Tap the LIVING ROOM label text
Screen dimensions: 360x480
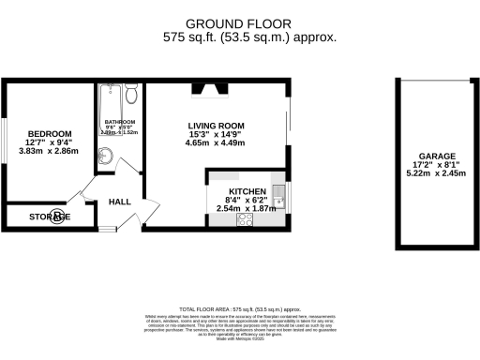tap(216, 125)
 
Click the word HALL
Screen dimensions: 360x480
tap(120, 202)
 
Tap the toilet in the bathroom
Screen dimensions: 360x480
tap(131, 95)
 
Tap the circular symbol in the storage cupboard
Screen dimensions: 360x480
tap(58, 217)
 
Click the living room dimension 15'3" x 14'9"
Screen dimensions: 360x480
tap(216, 134)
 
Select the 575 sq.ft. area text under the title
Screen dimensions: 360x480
tap(249, 37)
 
